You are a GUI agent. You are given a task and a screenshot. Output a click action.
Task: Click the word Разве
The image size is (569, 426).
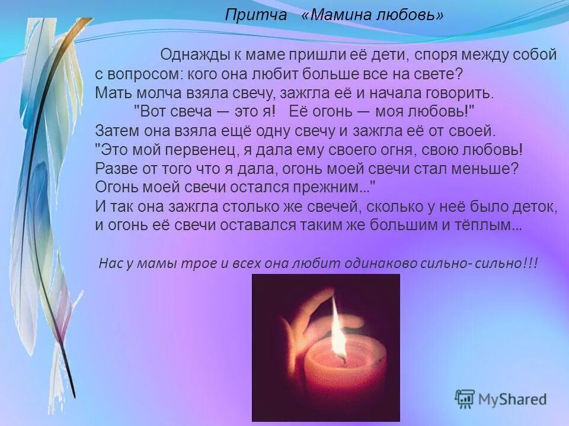click(x=116, y=168)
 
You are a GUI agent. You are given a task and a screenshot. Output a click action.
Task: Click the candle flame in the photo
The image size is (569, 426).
click(x=338, y=328)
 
